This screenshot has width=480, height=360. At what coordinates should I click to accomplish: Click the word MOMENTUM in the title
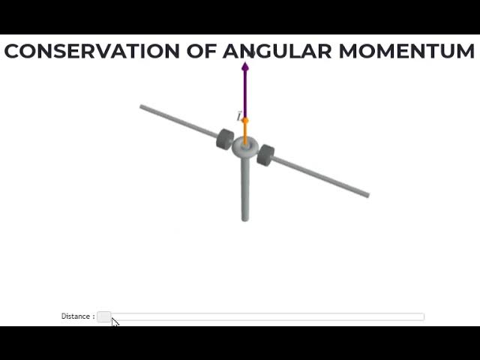[x=406, y=51]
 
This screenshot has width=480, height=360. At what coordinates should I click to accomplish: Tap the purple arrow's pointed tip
[x=245, y=64]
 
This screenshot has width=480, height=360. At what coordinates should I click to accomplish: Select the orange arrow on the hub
[x=245, y=129]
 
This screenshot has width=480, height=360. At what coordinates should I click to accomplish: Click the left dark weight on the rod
[x=225, y=139]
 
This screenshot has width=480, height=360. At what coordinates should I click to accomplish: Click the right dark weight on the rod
[x=265, y=155]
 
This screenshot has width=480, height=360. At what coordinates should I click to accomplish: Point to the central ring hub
[x=245, y=147]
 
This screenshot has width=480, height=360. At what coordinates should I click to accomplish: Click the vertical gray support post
[x=245, y=187]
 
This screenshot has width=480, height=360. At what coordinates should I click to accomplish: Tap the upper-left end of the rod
[x=142, y=107]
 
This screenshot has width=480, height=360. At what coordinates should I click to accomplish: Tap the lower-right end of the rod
[x=367, y=195]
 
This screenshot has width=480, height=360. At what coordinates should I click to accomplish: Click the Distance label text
[x=77, y=316]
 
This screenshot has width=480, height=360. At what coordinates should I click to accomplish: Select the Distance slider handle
[x=104, y=316]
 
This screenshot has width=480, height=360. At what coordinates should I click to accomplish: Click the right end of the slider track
[x=422, y=316]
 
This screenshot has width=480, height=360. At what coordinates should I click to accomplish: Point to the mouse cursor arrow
[x=114, y=322]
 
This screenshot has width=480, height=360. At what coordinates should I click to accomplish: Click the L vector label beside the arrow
[x=239, y=116]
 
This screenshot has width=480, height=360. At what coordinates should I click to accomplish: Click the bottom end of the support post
[x=245, y=218]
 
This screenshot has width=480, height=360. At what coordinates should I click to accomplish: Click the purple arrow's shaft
[x=245, y=94]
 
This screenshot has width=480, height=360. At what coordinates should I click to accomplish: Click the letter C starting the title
[x=11, y=51]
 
